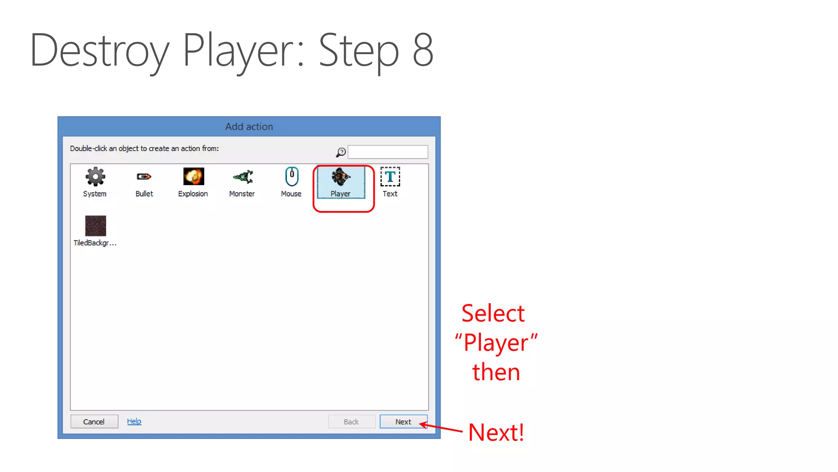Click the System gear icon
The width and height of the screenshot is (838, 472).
pyautogui.click(x=95, y=177)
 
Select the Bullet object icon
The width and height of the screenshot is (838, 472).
pyautogui.click(x=144, y=177)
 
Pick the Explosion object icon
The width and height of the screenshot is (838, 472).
pyautogui.click(x=193, y=177)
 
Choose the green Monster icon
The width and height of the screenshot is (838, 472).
pyautogui.click(x=243, y=177)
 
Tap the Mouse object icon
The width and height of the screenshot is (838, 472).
pyautogui.click(x=291, y=177)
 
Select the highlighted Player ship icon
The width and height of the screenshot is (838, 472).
pyautogui.click(x=340, y=177)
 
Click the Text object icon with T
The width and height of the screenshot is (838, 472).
pyautogui.click(x=390, y=177)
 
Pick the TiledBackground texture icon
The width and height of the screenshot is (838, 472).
pyautogui.click(x=95, y=226)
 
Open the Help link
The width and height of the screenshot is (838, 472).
pyautogui.click(x=134, y=421)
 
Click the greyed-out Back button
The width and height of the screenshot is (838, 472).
pyautogui.click(x=351, y=422)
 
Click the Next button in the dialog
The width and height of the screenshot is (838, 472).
pyautogui.click(x=403, y=422)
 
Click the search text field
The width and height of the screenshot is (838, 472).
pyautogui.click(x=387, y=152)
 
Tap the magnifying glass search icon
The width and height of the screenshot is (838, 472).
pyautogui.click(x=341, y=152)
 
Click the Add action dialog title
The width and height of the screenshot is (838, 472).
pyautogui.click(x=249, y=127)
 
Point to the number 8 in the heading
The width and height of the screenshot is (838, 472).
pyautogui.click(x=423, y=50)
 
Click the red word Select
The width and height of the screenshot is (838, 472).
pyautogui.click(x=493, y=313)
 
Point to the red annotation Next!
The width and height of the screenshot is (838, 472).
pyautogui.click(x=496, y=432)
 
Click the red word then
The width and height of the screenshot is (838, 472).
pyautogui.click(x=496, y=372)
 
